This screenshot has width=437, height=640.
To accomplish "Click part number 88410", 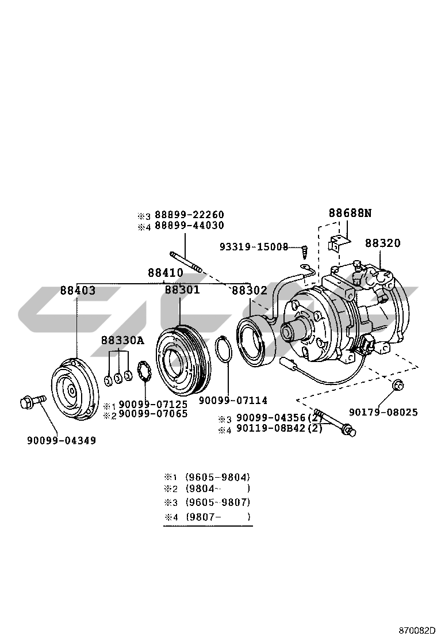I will [165, 273].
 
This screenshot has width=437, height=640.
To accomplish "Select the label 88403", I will [78, 291].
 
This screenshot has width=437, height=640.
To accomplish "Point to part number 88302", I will [250, 291].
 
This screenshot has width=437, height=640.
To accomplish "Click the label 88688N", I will [350, 213].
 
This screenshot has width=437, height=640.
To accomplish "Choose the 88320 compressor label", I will [382, 243].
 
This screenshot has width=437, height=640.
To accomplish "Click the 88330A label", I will [122, 340].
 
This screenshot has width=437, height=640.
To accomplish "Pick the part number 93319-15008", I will [254, 247].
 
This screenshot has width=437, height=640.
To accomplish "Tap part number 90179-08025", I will [384, 412].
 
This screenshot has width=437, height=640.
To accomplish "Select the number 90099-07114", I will [233, 400].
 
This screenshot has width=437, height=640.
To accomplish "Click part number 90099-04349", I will [62, 441].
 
